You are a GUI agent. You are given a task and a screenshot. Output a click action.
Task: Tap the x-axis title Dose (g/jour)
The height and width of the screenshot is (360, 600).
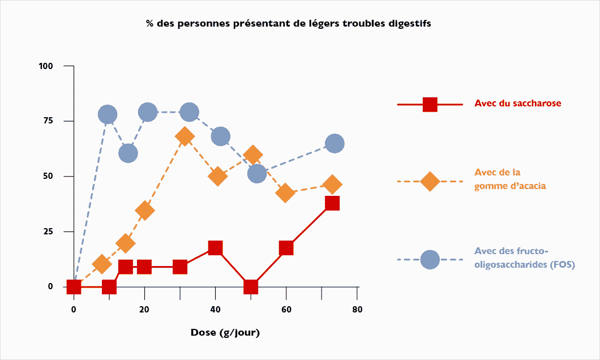225,332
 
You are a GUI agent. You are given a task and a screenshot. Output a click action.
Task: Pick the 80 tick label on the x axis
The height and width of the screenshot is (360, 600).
357,309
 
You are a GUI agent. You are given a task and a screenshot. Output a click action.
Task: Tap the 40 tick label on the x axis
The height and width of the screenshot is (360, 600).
215,309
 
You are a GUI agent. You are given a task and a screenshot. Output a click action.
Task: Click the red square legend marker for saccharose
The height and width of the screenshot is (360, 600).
430,105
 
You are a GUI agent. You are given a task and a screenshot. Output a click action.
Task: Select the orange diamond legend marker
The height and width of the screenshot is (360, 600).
430,182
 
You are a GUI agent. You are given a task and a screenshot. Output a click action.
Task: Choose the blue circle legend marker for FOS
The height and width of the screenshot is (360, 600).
430,259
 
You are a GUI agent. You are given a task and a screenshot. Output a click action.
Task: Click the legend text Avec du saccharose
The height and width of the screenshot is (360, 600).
518,104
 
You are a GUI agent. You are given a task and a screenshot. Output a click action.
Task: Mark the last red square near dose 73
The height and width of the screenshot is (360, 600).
332,203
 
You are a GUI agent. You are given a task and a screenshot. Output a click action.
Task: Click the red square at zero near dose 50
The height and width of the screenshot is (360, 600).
251,287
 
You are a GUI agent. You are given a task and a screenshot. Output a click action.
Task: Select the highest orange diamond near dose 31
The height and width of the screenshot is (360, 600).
185,136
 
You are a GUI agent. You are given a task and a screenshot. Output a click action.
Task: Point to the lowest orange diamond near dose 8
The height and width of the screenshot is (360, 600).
102,264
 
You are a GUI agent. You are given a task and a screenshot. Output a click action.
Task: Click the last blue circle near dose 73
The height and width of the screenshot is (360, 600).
335,144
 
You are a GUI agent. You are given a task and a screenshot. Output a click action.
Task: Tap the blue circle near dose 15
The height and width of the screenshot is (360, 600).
128,153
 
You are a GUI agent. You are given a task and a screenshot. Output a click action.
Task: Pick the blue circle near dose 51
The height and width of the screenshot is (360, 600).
257,173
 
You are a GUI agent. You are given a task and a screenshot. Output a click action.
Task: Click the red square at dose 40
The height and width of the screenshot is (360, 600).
215,247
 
